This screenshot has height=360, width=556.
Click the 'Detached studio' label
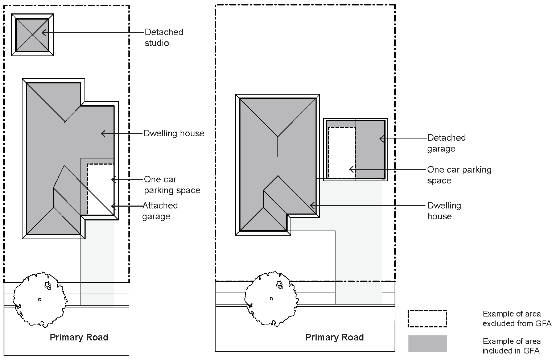(x=164, y=37)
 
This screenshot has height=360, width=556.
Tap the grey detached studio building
(x=32, y=35)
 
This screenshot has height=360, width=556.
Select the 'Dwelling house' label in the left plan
(x=174, y=133)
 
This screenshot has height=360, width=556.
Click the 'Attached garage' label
(x=160, y=211)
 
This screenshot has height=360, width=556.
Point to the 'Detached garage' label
(x=446, y=143)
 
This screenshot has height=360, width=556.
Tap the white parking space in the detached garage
(x=341, y=152)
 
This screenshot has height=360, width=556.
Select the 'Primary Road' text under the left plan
(x=79, y=338)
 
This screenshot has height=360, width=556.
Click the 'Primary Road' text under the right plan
(x=334, y=338)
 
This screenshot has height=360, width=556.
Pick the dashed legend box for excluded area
(x=427, y=319)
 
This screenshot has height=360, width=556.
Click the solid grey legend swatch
(x=427, y=344)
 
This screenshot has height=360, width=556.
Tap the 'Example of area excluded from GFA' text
(x=516, y=319)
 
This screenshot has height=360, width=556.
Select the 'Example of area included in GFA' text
(x=511, y=346)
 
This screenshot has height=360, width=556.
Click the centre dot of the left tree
(x=40, y=299)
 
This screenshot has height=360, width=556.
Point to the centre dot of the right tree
(x=271, y=298)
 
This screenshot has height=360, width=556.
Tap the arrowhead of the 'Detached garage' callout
(x=381, y=138)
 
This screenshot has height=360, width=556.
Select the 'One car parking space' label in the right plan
(x=459, y=175)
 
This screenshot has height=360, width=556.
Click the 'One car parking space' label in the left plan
(x=172, y=185)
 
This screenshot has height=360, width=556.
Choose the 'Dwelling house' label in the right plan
(x=444, y=211)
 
